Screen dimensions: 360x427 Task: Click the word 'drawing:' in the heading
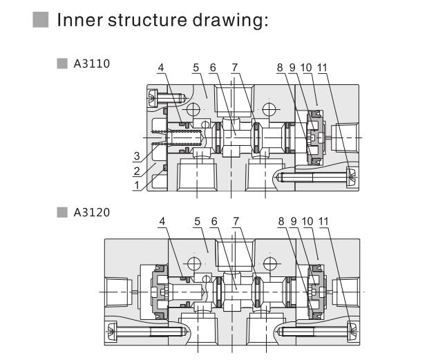[x=233, y=21]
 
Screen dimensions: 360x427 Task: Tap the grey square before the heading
[x=41, y=20]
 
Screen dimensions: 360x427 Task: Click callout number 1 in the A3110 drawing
[x=137, y=185]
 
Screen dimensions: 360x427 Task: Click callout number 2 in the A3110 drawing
[x=137, y=171]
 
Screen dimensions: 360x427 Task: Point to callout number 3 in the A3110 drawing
[x=137, y=155]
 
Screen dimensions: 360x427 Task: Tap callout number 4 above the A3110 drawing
[x=161, y=68]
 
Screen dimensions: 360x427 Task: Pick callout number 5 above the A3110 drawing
[x=196, y=68]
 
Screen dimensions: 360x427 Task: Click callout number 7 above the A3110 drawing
[x=235, y=68]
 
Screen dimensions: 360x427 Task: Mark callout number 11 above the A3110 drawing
[x=323, y=68]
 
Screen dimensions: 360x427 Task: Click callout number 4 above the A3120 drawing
[x=161, y=222]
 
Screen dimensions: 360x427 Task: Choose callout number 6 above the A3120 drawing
[x=213, y=222]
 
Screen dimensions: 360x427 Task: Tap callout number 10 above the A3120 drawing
[x=306, y=222]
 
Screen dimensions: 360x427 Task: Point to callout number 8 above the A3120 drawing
[x=280, y=222]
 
